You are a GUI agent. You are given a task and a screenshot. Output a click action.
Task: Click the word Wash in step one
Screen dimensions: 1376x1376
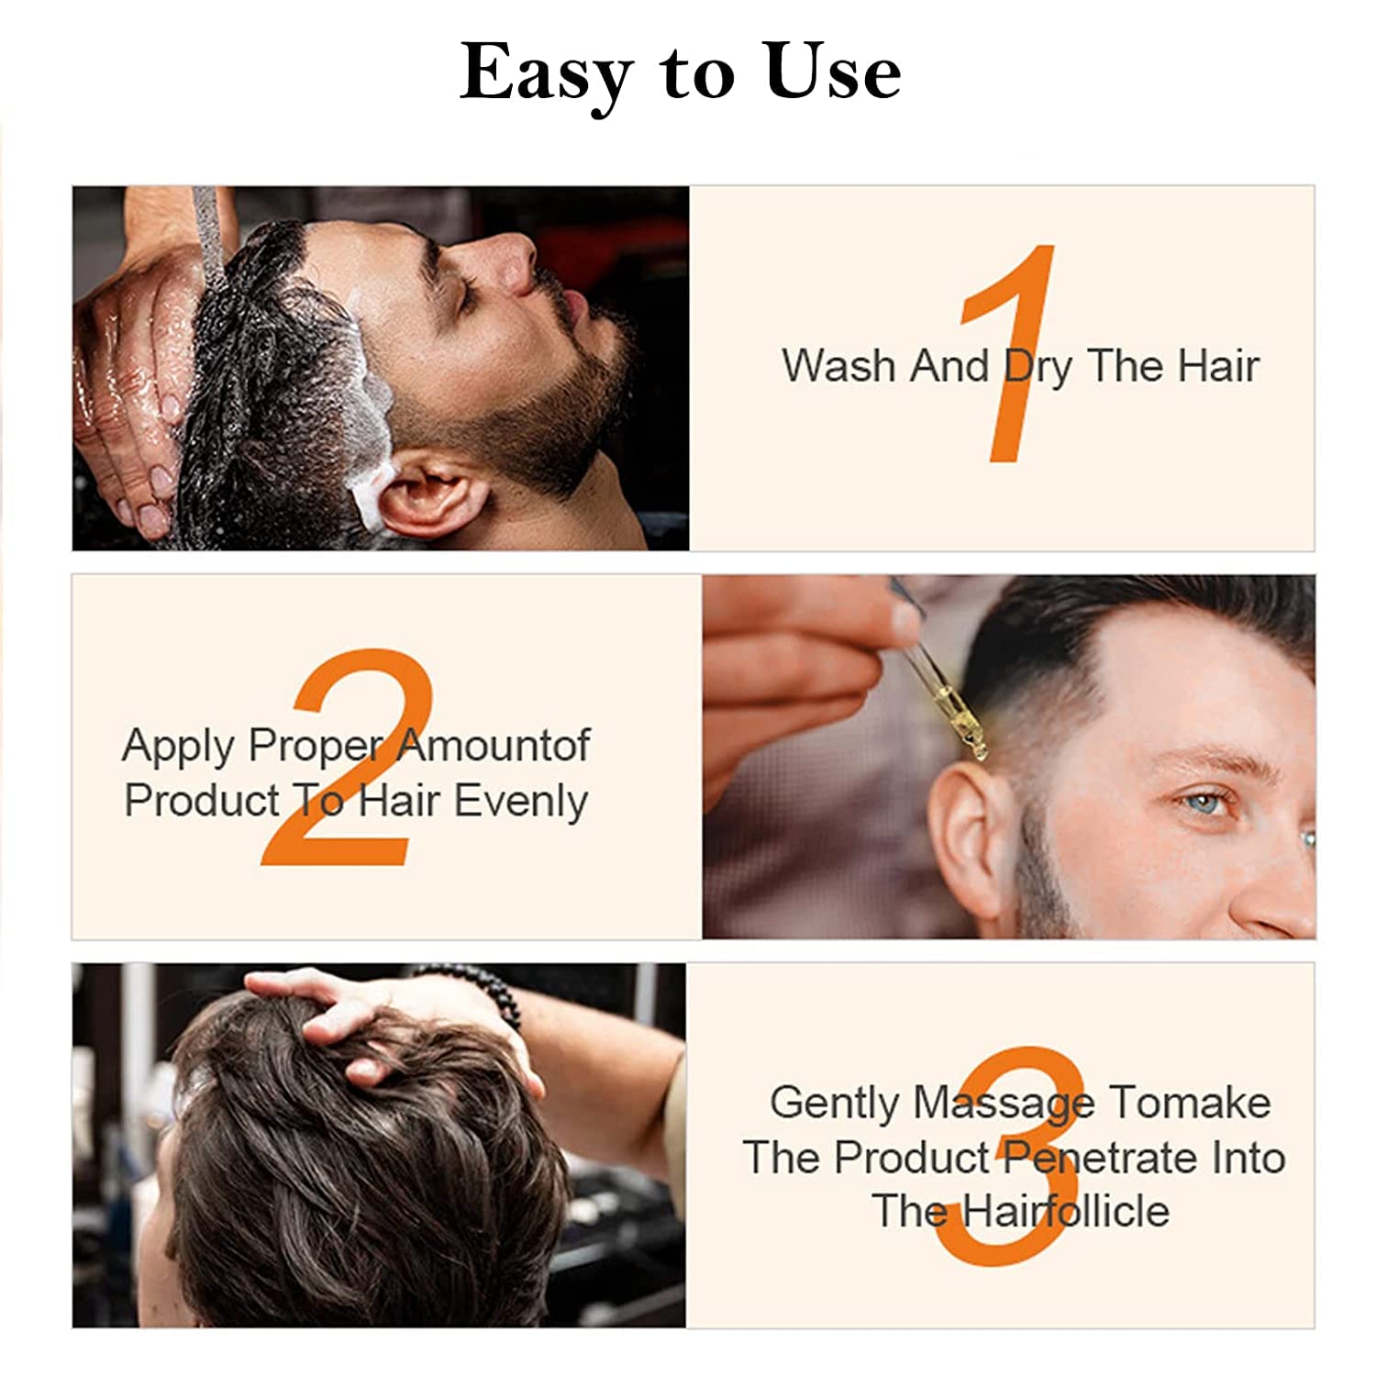pos(838,365)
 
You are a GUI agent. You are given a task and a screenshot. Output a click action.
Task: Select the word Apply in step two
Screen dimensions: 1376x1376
pos(178,747)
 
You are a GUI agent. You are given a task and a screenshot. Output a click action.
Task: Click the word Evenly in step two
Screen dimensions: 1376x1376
pos(520,802)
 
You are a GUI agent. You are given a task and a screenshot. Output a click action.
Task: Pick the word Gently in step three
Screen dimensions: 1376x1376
pos(834,1104)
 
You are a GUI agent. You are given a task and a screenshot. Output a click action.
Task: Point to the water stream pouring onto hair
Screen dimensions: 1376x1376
pos(209,229)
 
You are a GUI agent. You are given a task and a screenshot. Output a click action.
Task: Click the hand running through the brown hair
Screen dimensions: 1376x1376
pos(367,1018)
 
